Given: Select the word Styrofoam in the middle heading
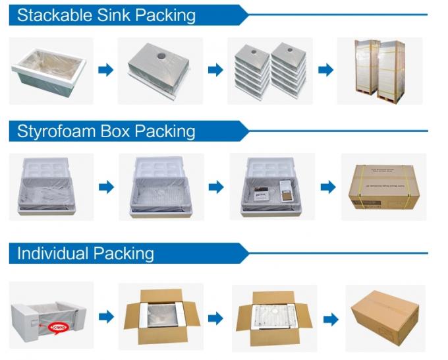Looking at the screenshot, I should click(55, 131).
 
